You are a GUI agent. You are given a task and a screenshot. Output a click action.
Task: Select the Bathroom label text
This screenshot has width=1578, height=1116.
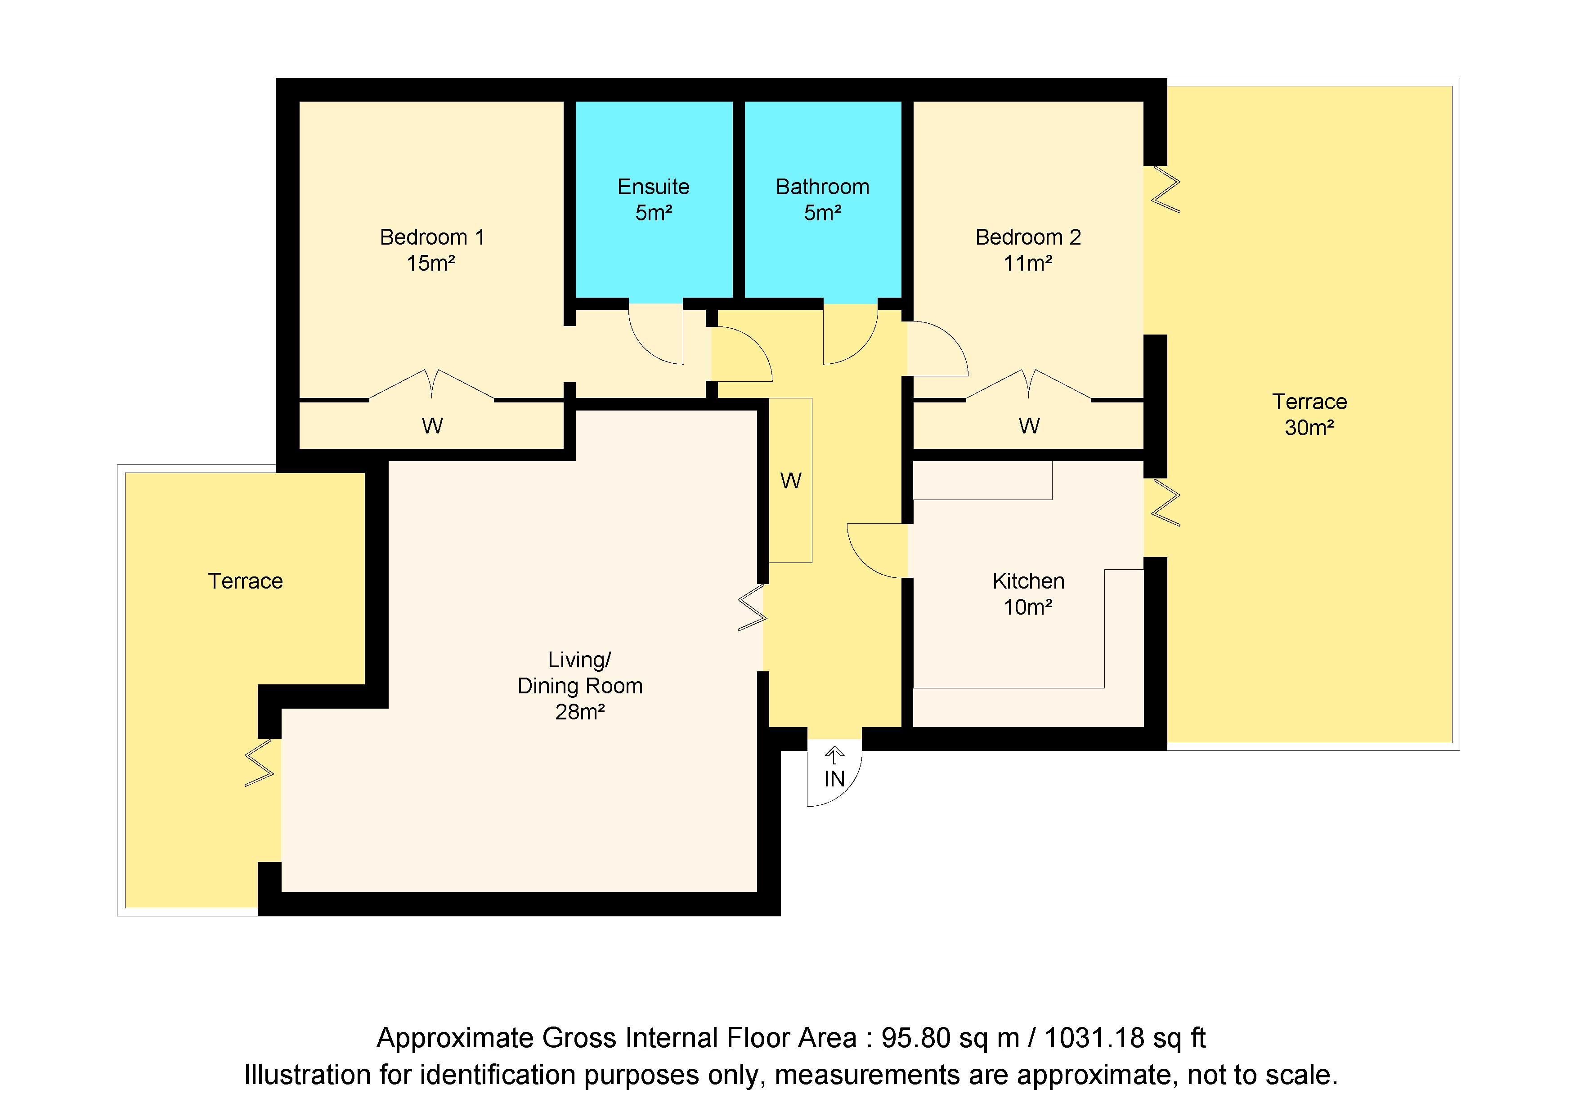[x=823, y=187]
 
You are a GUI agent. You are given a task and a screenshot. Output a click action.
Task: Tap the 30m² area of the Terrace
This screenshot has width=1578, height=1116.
[x=1309, y=428]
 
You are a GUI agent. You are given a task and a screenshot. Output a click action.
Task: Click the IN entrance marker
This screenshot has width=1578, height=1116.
[x=834, y=779]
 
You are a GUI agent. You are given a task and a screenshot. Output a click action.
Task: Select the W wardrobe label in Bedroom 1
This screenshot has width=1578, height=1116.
[x=432, y=426]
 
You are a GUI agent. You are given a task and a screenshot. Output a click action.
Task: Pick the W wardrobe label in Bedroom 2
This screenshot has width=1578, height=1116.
[x=1029, y=426]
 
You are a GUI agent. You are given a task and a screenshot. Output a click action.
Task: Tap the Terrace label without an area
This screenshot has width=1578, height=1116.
[x=245, y=581]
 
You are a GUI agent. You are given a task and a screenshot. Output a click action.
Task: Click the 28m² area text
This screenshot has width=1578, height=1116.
[x=580, y=712]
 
